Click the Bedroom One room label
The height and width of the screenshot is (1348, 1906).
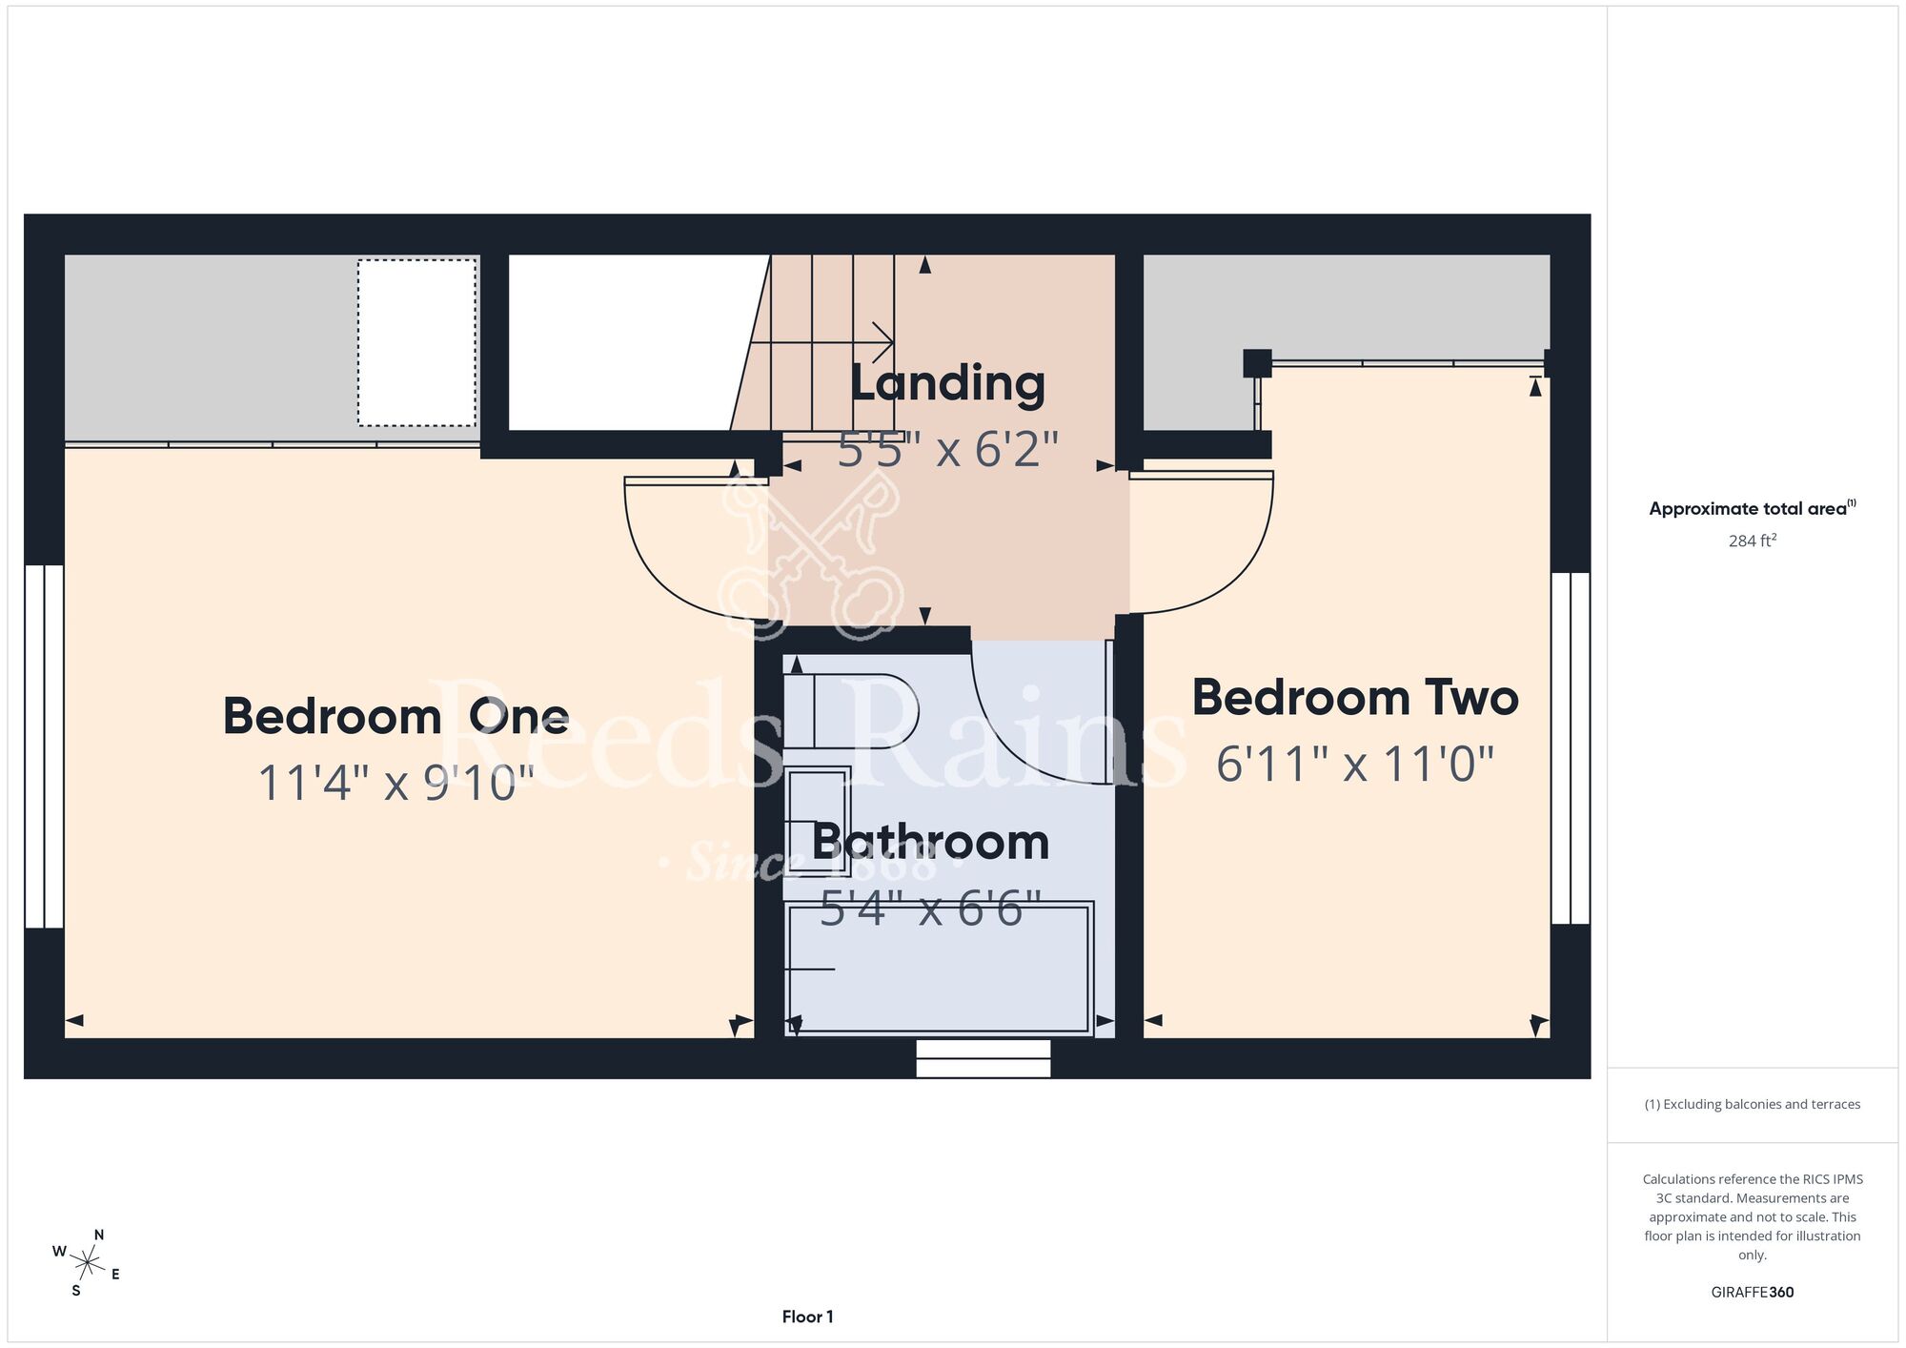395,716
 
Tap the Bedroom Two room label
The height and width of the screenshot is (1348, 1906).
1355,697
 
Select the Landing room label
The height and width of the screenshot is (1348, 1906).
947,383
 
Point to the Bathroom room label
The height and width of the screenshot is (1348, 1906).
930,842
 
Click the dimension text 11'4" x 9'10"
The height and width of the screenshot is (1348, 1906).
395,783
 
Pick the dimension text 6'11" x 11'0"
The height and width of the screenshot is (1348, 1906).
1355,764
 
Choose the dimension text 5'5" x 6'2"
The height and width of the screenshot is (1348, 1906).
948,449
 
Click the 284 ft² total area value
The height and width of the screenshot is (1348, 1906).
1753,541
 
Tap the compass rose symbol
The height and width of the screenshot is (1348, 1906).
87,1264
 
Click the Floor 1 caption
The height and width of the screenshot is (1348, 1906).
807,1317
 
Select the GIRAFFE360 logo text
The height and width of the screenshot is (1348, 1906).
1753,1293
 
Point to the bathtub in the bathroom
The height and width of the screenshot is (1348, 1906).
939,968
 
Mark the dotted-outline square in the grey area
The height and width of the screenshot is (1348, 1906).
416,342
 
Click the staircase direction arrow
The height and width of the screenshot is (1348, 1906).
821,342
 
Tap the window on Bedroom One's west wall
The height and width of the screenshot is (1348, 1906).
45,746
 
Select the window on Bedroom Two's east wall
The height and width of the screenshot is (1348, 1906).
1571,748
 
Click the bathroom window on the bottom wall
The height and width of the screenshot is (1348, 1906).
983,1058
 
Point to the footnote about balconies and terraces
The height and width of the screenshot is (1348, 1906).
1753,1104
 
